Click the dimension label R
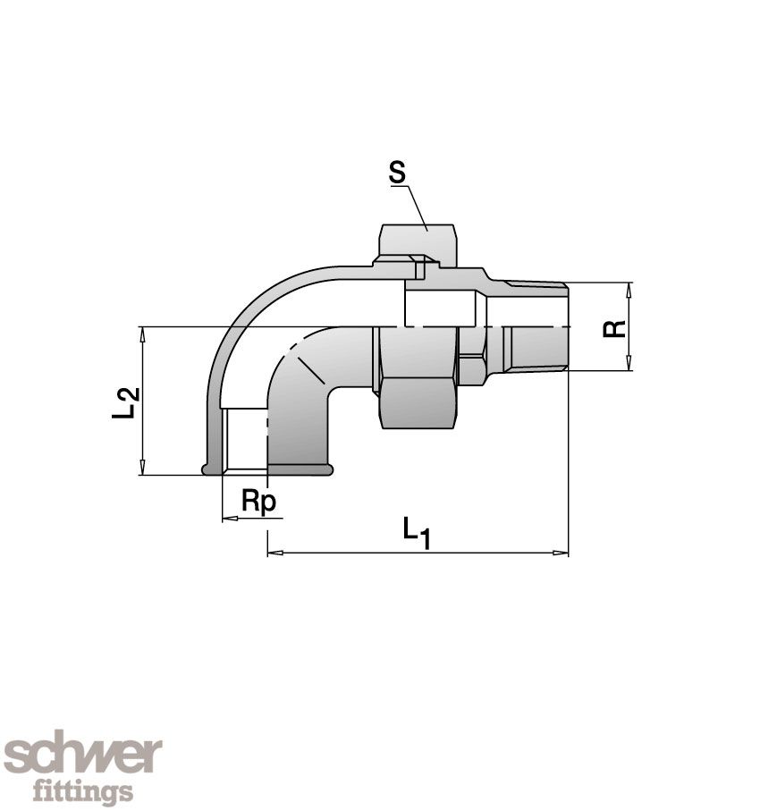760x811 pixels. point(613,326)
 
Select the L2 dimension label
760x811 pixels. point(128,401)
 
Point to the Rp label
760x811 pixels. point(259,503)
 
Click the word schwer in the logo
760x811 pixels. point(82,756)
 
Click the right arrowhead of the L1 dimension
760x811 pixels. point(562,553)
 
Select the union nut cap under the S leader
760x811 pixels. point(418,241)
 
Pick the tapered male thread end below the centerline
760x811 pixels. point(534,349)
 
